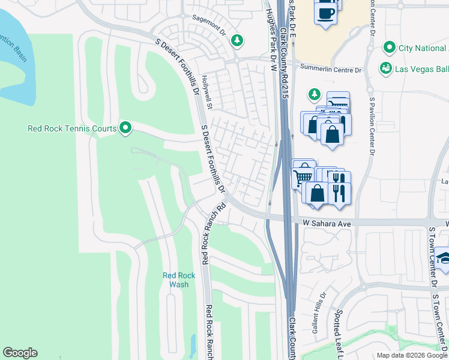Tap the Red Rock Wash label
(x=179, y=280)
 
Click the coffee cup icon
(x=325, y=14)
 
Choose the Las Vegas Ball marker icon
(x=385, y=69)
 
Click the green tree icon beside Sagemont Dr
(x=238, y=40)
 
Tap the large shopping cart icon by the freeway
(x=303, y=177)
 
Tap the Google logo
(x=20, y=353)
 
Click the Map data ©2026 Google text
(x=411, y=355)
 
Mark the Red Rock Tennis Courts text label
(x=72, y=128)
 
